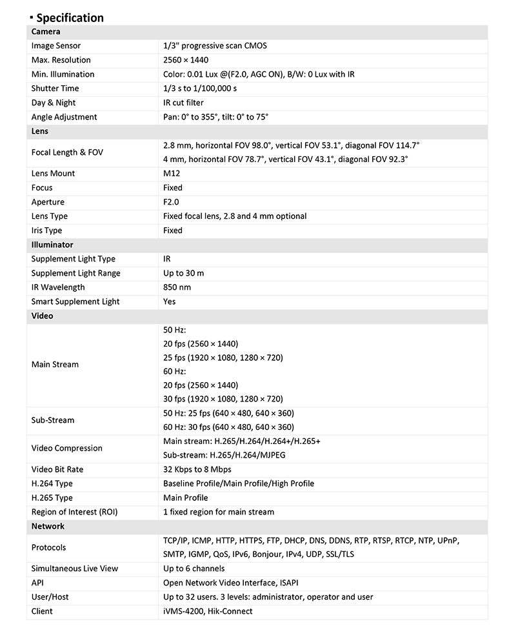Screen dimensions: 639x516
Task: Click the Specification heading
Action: [70, 17]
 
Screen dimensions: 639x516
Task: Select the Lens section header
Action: [40, 131]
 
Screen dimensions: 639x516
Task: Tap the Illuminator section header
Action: [52, 245]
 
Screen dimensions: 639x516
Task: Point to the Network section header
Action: [48, 526]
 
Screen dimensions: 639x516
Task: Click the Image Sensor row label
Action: [56, 46]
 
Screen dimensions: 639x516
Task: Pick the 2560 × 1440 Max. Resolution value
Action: [186, 60]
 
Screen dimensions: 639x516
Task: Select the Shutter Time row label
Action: [55, 88]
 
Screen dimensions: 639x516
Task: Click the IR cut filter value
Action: [184, 103]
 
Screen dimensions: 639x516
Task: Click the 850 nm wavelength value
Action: [177, 287]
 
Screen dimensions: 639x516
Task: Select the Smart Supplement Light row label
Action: [75, 301]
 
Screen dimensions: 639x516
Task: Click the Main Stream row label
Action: [55, 365]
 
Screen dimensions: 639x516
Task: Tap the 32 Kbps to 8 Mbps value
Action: [197, 469]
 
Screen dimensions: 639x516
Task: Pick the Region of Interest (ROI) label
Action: [74, 512]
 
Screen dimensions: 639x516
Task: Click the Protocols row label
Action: [49, 547]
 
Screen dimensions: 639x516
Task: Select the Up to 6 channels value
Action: [194, 569]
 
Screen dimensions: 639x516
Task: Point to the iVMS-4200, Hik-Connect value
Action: [208, 611]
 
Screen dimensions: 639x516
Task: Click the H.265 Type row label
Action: [52, 498]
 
